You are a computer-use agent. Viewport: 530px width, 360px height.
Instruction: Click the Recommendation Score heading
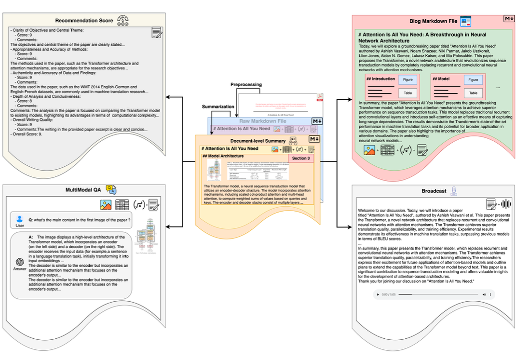(x=84, y=21)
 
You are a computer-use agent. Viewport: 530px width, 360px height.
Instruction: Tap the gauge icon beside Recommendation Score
(x=123, y=20)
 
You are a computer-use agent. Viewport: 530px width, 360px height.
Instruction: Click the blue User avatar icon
(x=20, y=218)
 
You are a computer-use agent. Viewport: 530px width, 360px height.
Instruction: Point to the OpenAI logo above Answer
(x=20, y=262)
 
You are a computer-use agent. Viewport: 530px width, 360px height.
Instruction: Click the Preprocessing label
(x=246, y=84)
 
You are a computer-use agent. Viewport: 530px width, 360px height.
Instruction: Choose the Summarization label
(x=218, y=107)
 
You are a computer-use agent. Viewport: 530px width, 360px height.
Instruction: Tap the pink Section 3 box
(x=301, y=158)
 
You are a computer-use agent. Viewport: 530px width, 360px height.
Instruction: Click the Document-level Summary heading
(x=247, y=140)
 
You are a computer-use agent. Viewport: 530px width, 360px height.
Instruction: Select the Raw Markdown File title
(x=263, y=121)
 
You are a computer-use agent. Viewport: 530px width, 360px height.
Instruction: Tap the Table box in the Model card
(x=474, y=93)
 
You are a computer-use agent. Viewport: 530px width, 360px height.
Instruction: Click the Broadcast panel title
(x=434, y=191)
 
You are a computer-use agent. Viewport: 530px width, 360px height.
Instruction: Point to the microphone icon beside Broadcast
(x=453, y=191)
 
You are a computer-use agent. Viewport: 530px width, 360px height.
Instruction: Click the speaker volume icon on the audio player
(x=483, y=294)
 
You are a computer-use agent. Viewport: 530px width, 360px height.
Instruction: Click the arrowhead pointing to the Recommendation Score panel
(x=167, y=98)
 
